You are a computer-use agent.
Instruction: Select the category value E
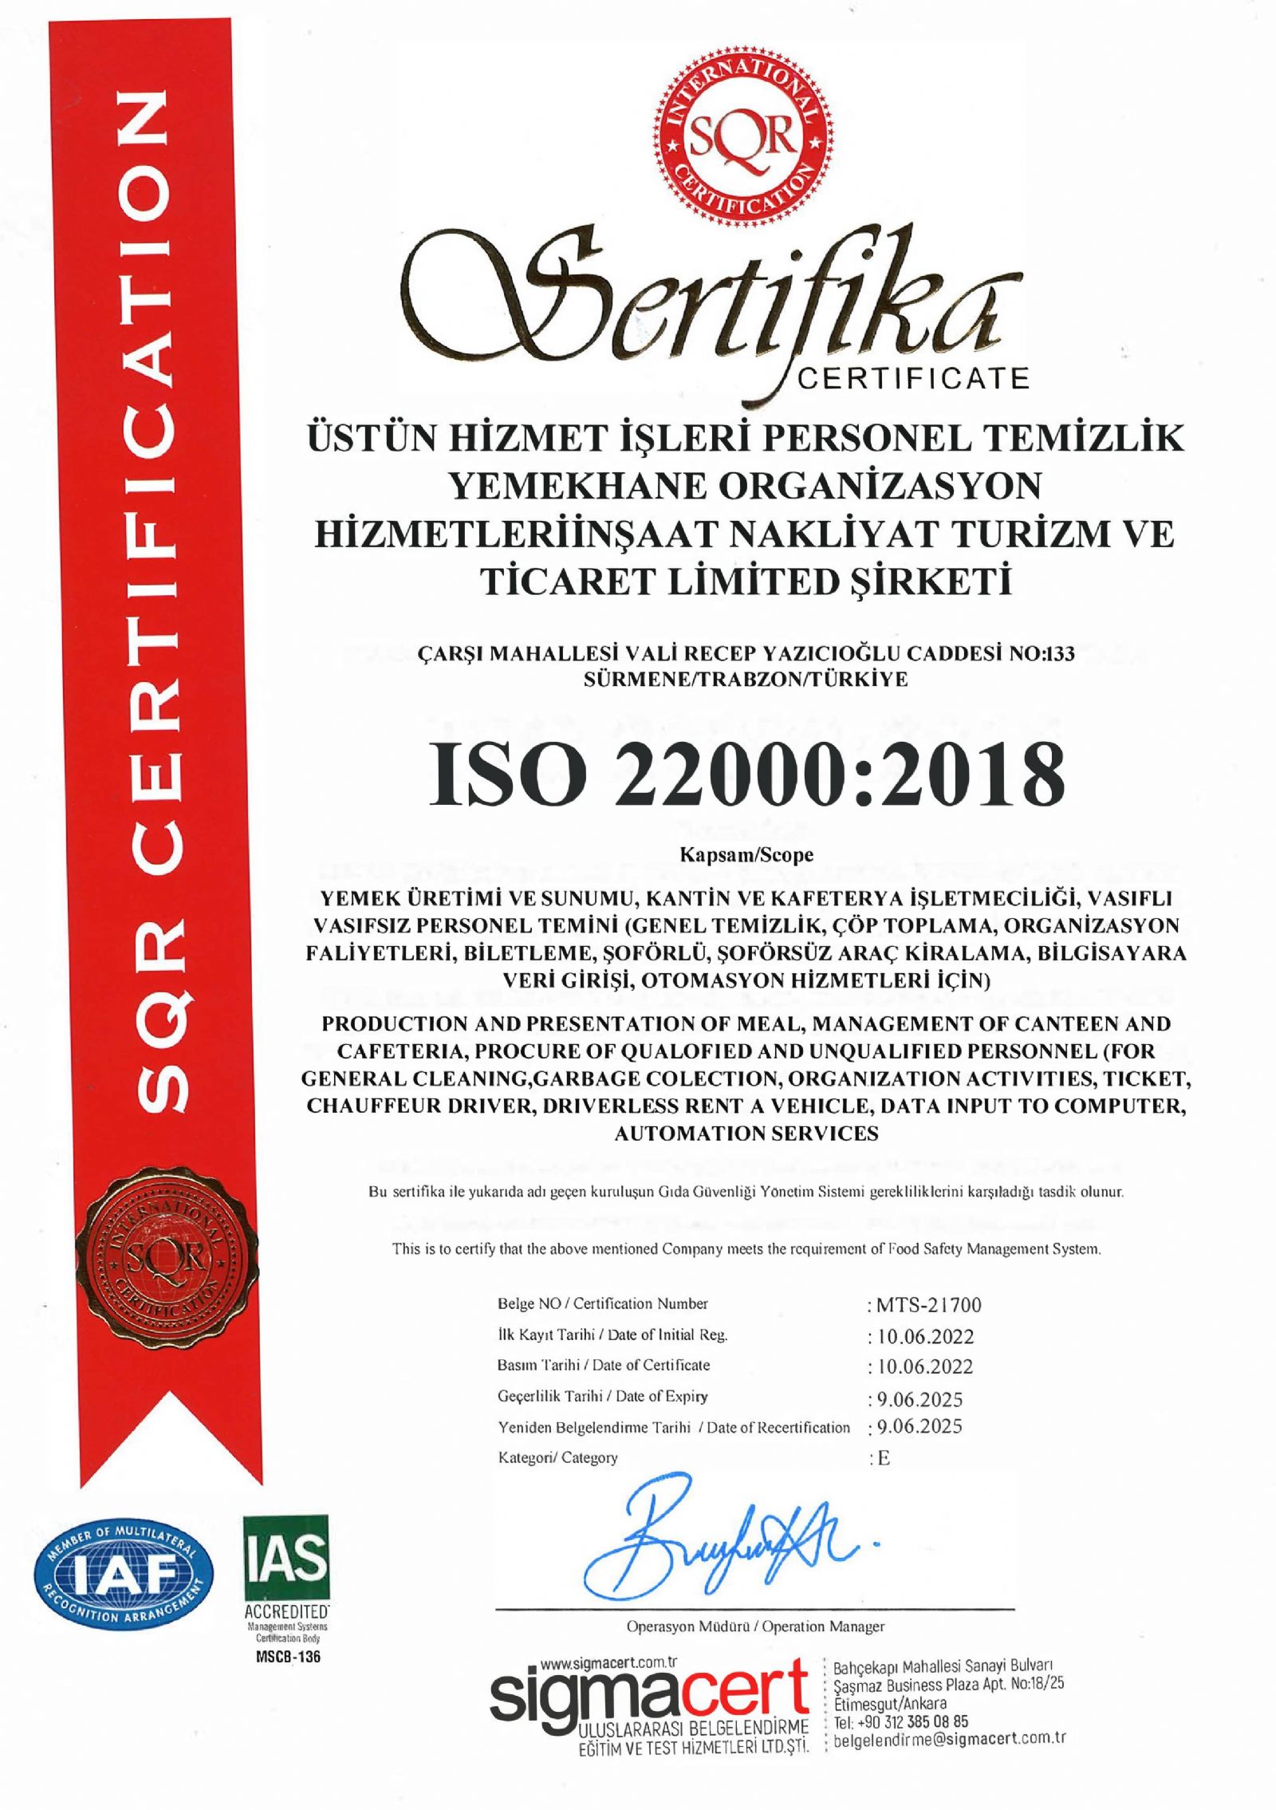point(882,1457)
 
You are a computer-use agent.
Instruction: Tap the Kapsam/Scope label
point(746,855)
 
